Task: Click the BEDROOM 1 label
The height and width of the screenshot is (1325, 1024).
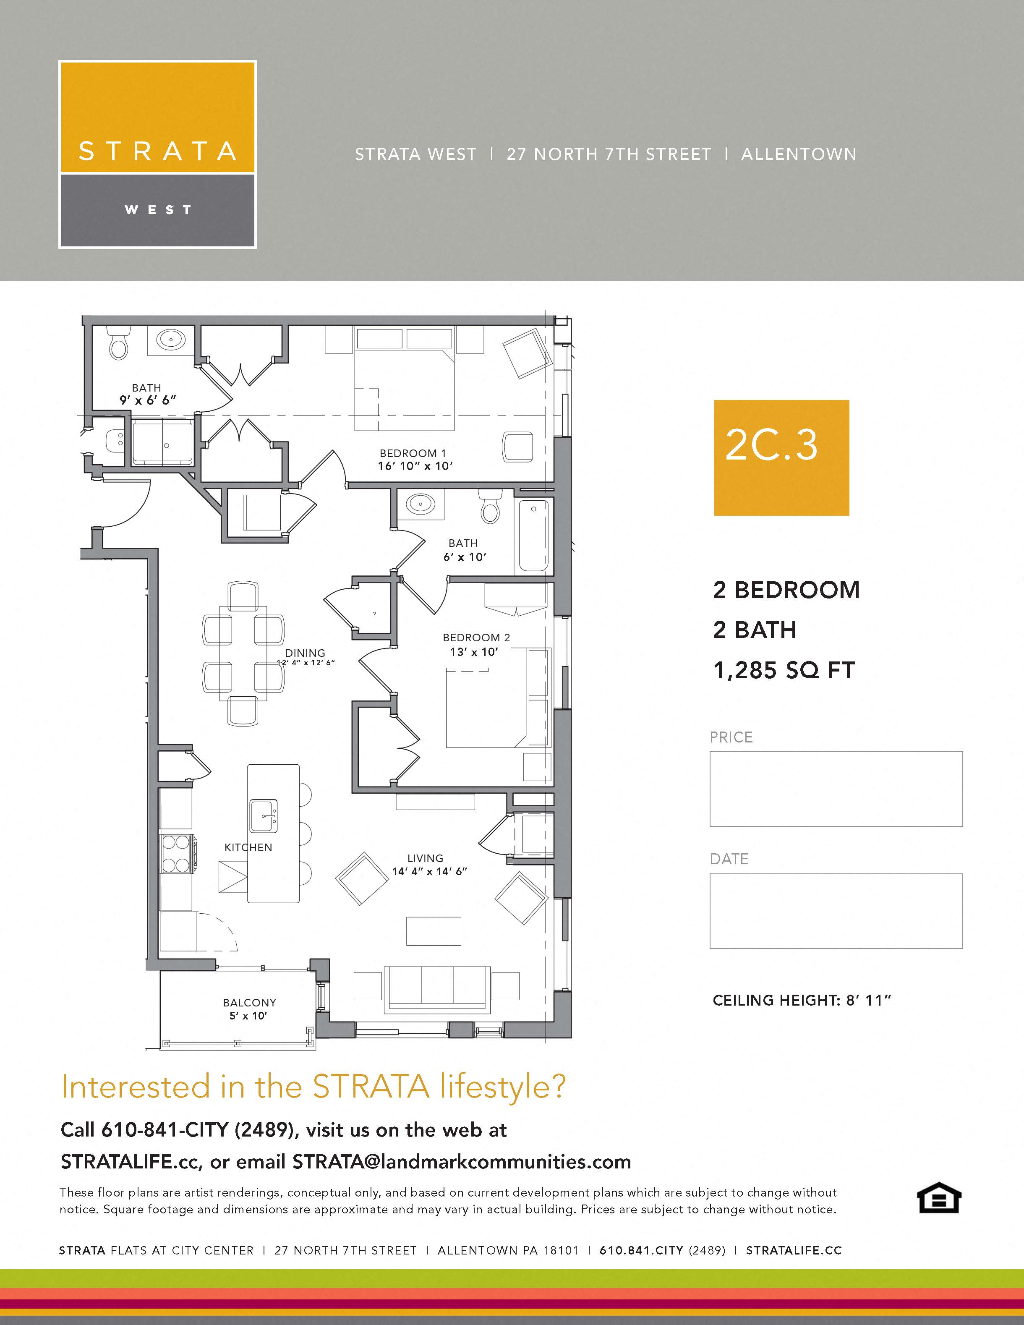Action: pos(413,453)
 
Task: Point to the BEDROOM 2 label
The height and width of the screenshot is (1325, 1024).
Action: pos(476,638)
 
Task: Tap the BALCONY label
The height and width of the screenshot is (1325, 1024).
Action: pos(249,1003)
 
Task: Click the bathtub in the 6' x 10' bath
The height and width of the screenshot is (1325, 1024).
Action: pos(533,535)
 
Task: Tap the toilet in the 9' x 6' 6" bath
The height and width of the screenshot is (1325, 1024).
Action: pos(119,344)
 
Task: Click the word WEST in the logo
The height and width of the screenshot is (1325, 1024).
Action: pos(158,210)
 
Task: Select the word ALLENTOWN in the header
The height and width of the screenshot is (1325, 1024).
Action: pos(798,154)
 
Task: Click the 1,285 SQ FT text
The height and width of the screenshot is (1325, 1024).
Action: pos(784,670)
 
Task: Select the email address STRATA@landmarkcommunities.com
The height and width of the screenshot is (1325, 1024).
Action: pos(461,1161)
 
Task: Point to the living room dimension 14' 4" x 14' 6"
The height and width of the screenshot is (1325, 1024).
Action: pos(429,872)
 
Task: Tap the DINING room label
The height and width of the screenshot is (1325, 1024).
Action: pos(305,653)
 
